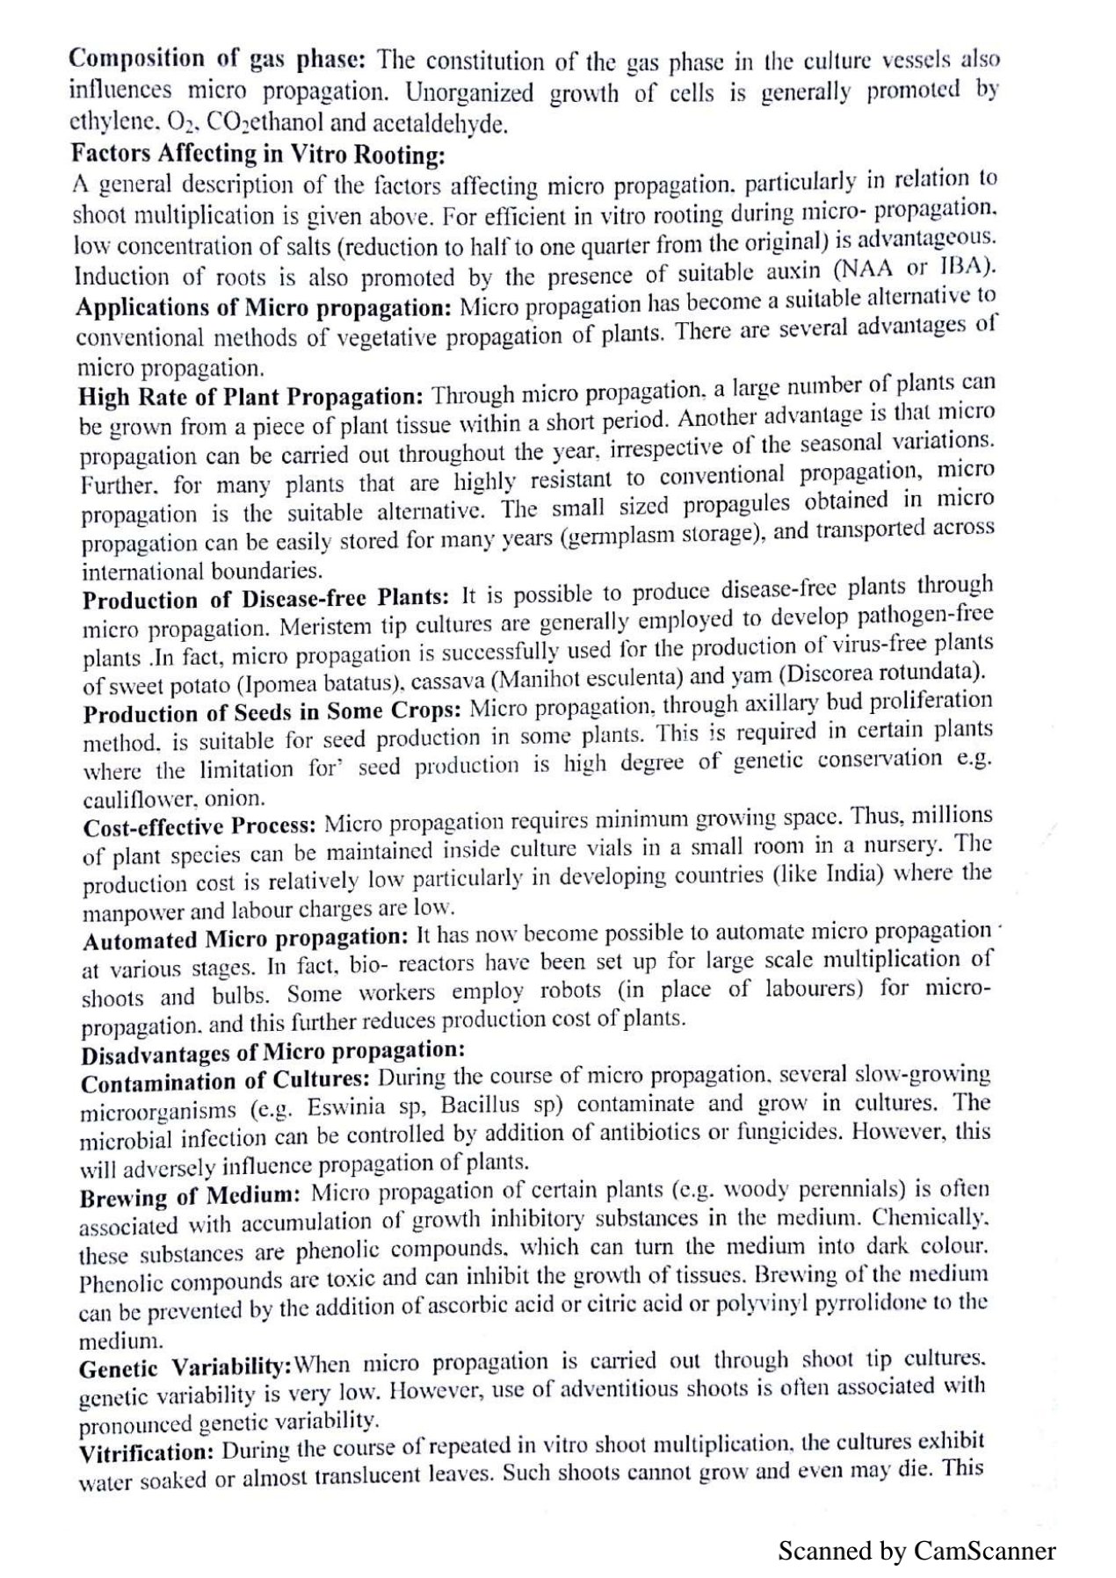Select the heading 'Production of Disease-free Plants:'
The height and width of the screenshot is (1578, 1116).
266,599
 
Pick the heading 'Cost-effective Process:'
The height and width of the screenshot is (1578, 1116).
199,827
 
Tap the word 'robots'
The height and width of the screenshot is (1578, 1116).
570,991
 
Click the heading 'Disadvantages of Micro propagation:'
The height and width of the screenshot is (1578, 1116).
272,1051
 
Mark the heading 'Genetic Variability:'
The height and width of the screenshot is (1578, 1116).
185,1368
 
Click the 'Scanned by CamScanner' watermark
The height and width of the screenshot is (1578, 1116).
917,1552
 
